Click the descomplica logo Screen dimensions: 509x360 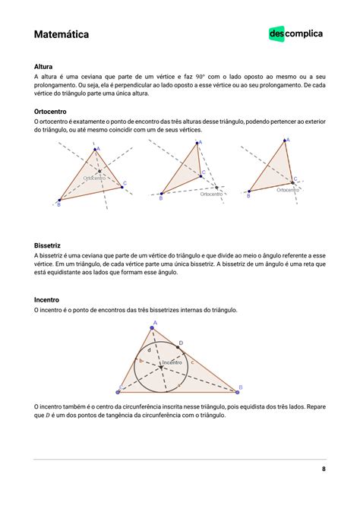(295, 33)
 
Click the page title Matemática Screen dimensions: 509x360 (62, 35)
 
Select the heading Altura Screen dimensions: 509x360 (44, 67)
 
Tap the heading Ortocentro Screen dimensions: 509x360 (52, 111)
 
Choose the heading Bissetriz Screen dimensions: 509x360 (49, 245)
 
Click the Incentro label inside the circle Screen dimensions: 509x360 (172, 363)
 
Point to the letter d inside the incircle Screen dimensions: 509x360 (149, 350)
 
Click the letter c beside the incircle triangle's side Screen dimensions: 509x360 (193, 362)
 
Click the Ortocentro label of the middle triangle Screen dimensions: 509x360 (211, 194)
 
